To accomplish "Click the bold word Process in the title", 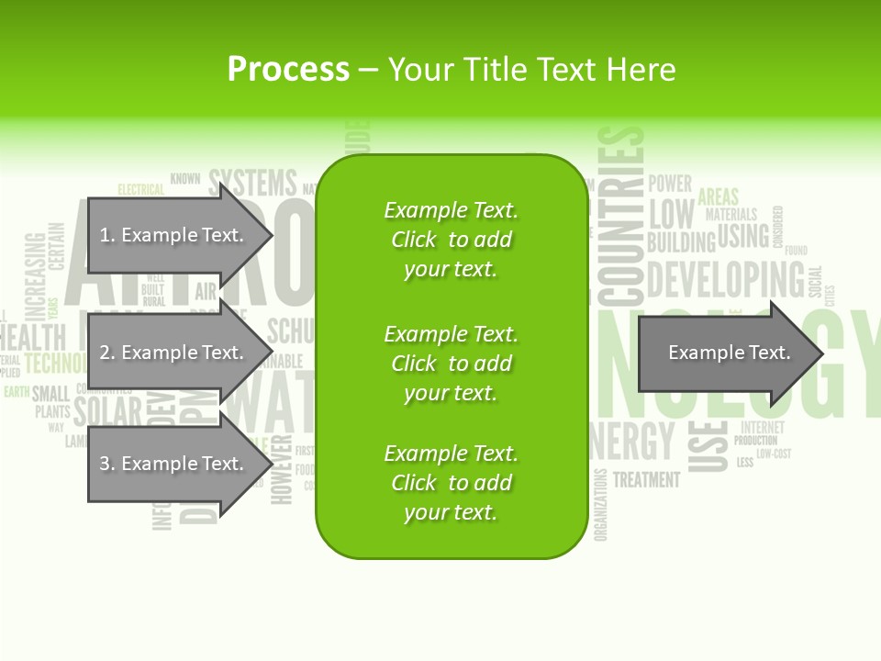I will pos(288,70).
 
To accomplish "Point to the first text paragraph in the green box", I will pos(451,240).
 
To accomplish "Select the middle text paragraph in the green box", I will pos(451,364).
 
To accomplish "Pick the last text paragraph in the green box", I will pos(451,483).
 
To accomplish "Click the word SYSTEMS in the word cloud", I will pos(252,183).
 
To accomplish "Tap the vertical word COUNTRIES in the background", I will pos(621,217).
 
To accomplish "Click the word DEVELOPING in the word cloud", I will pos(725,279).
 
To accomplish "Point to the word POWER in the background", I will pos(670,183).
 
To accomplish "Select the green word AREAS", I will pos(718,196).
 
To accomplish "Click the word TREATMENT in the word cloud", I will pos(646,479).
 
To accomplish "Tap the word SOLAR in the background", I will pos(107,411).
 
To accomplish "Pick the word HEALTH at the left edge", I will pos(33,336).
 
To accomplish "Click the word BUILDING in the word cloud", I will pos(680,242).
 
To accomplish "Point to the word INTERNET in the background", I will pos(763,427).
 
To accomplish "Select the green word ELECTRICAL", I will pos(140,190).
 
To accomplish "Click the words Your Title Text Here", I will pos(532,70).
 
